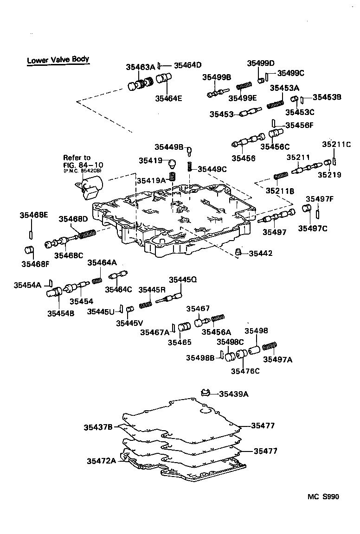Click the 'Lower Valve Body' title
(x=58, y=60)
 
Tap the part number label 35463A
(x=140, y=67)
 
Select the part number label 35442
(x=260, y=253)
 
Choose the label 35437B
(x=98, y=426)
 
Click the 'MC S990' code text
(x=323, y=496)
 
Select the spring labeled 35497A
(x=270, y=347)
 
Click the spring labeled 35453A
(x=277, y=102)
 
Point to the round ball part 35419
(x=172, y=163)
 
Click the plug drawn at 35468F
(x=30, y=251)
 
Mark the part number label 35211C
(x=336, y=144)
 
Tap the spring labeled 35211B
(x=281, y=176)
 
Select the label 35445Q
(x=183, y=280)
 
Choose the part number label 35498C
(x=231, y=342)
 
